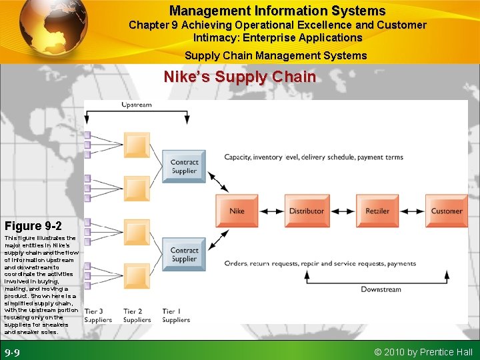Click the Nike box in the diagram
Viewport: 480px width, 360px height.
coord(237,211)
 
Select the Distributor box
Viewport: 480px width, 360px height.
coord(307,211)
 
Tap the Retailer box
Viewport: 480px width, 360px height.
coord(377,211)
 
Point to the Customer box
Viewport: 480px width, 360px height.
coord(446,211)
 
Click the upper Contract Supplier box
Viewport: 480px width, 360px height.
coord(184,166)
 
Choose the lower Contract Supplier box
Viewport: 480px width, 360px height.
coord(184,255)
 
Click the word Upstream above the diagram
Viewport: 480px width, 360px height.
coord(136,105)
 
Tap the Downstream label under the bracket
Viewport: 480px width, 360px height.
coord(381,289)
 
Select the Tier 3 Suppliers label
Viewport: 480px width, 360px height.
coord(98,315)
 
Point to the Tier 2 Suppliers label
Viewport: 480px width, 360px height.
coord(137,315)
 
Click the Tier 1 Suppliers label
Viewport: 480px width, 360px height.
coord(176,315)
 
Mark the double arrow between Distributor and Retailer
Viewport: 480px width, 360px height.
coord(343,211)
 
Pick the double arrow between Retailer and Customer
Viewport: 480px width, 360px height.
coord(412,211)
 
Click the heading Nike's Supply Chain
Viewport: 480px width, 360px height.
coord(240,77)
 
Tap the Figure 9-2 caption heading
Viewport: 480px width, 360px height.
coord(33,225)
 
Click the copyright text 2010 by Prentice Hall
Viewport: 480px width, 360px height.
coord(423,351)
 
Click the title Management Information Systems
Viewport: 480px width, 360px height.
coord(277,11)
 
